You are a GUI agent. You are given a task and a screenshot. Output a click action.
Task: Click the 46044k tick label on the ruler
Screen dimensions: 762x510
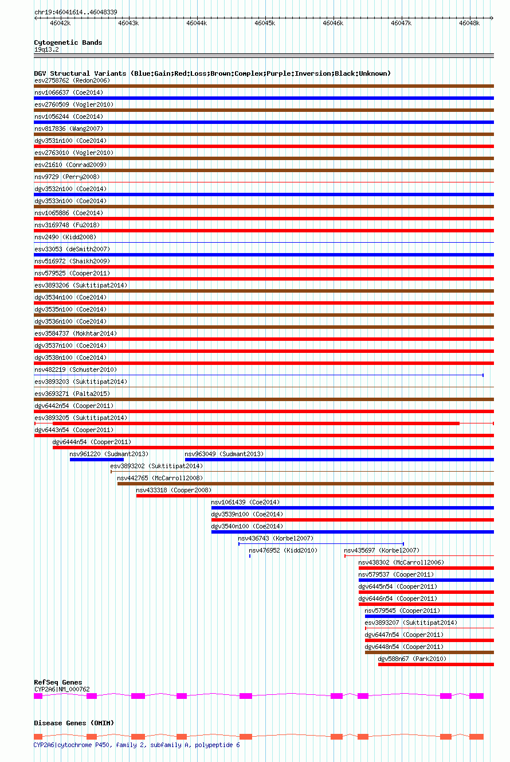coord(197,24)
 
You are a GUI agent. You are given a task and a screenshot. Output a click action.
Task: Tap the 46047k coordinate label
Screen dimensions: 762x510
coord(401,24)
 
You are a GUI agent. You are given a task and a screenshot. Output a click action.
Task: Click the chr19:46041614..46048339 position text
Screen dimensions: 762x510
coord(76,12)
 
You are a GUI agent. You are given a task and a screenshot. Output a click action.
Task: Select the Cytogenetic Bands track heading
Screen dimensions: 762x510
coord(68,42)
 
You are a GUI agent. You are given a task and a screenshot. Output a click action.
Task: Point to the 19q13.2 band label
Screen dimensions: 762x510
coord(46,49)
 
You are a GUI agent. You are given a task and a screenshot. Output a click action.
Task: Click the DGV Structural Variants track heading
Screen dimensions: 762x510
coord(212,73)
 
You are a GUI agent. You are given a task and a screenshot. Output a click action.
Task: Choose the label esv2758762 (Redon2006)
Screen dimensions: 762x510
coord(72,80)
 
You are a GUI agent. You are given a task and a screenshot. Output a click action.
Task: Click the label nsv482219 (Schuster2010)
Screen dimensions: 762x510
coord(75,370)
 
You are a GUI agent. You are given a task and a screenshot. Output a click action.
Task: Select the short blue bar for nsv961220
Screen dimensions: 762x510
coord(96,460)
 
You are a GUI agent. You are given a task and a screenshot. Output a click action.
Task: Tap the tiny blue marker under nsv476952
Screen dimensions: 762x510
coord(250,556)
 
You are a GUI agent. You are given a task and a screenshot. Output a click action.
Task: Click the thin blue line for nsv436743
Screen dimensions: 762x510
coord(321,543)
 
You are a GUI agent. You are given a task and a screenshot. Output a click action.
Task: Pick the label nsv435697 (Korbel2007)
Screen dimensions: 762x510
coord(382,550)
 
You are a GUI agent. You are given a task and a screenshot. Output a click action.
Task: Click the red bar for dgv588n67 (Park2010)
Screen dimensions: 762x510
coord(436,664)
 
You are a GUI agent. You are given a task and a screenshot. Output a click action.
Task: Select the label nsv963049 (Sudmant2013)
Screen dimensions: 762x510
coord(224,454)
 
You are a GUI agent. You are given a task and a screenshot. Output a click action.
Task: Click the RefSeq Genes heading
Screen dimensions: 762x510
coord(58,682)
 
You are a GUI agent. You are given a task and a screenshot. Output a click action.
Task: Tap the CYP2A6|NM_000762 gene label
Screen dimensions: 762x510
coord(62,689)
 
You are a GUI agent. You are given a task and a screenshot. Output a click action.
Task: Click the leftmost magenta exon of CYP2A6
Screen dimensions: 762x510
coord(38,696)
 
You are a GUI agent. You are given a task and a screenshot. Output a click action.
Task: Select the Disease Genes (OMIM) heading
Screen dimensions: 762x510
coord(74,723)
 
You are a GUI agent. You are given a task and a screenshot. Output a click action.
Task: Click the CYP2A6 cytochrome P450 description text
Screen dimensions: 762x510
coord(136,745)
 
